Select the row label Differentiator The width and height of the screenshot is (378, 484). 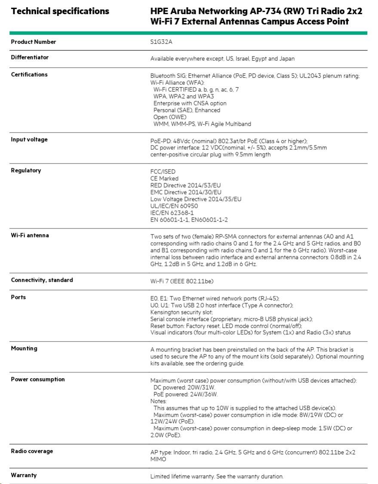pos(30,57)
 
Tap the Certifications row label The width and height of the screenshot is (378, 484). pos(29,74)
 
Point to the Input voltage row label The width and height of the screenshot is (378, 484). pos(29,139)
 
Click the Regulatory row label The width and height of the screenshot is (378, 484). pos(26,170)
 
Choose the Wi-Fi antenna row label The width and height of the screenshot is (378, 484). pos(30,235)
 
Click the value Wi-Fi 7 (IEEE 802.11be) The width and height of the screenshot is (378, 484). pos(182,281)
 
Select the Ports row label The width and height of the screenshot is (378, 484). pos(18,297)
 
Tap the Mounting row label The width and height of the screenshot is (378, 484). pos(24,348)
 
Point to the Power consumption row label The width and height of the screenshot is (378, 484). pos(38,379)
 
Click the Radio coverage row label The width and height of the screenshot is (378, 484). pos(32,451)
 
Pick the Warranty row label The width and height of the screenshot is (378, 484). pos(24,475)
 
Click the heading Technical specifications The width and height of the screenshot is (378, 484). pos(60,11)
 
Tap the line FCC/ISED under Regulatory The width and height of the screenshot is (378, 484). pos(163,172)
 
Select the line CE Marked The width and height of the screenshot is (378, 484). pos(164,179)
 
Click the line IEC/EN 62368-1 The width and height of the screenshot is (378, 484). pos(172,213)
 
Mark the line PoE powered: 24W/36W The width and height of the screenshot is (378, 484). pos(185,394)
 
